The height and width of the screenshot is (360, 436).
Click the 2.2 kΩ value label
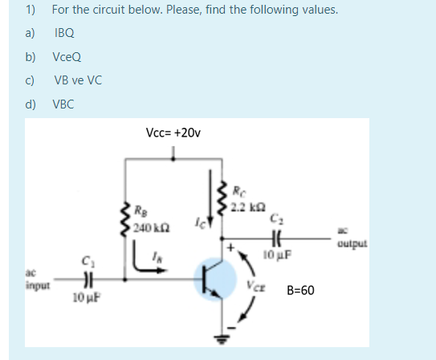(x=244, y=208)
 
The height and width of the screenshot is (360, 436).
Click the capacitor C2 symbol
(x=280, y=239)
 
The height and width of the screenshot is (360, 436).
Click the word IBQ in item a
(x=64, y=34)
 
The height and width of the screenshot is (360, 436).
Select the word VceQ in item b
(x=67, y=57)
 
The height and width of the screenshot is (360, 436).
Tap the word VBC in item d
(x=64, y=104)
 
